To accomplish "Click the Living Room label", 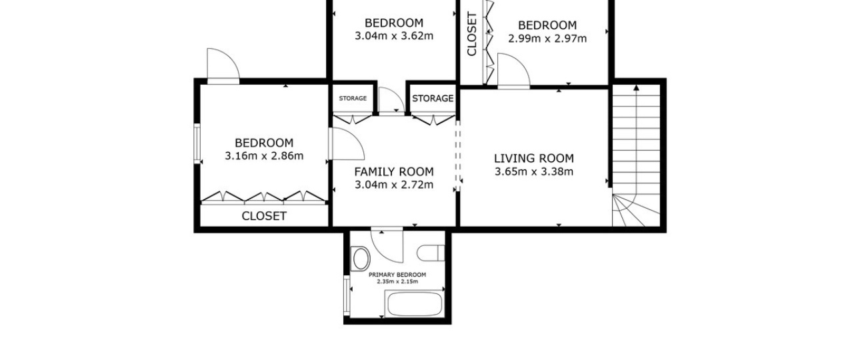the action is [x=533, y=159].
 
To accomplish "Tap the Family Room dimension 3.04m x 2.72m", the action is [x=394, y=185].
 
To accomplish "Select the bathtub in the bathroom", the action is [x=415, y=304].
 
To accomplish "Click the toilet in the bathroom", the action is [x=431, y=253].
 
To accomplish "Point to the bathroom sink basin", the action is [x=361, y=259].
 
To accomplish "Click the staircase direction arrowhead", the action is [x=636, y=88].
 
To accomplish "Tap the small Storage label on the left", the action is [x=353, y=98].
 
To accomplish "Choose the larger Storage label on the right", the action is [x=433, y=98].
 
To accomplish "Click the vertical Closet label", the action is [x=472, y=34].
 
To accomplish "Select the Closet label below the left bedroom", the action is [x=264, y=216].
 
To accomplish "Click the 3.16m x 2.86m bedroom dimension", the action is [x=264, y=156].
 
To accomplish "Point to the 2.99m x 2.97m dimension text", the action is [x=547, y=39].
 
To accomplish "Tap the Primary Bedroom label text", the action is [x=397, y=275].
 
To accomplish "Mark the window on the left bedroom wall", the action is [x=197, y=143].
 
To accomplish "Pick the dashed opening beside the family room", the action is [x=457, y=156].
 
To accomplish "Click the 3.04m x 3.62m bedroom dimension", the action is [x=394, y=36].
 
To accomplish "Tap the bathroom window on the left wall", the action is [x=347, y=295].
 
